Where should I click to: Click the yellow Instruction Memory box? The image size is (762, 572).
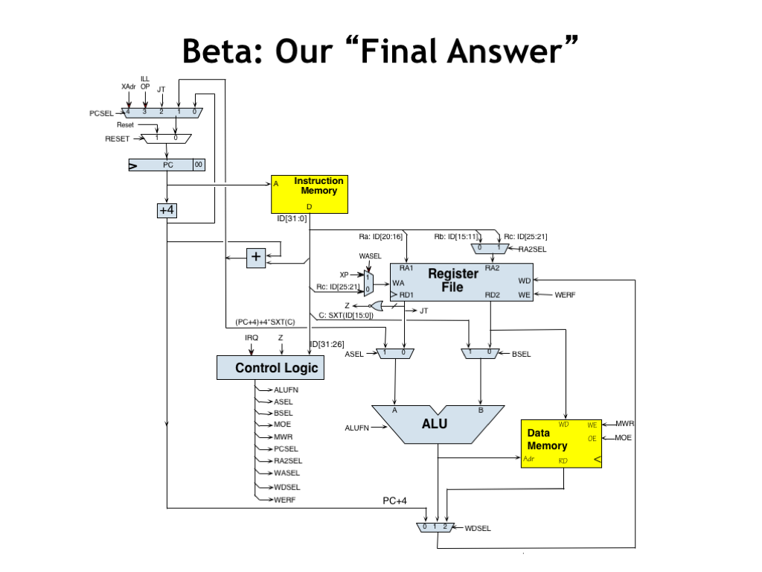[309, 194]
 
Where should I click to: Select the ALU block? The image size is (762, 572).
[438, 425]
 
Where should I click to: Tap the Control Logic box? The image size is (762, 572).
[276, 368]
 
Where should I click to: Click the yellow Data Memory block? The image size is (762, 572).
[560, 443]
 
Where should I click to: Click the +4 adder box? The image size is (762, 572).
[167, 211]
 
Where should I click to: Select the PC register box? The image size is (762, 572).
[167, 165]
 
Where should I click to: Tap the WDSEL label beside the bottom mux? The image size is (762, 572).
[478, 528]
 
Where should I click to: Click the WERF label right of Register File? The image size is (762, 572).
[566, 295]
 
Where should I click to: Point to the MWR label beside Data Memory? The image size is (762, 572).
[624, 424]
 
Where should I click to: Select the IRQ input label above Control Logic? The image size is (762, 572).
[252, 337]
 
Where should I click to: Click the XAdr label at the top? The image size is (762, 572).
[129, 86]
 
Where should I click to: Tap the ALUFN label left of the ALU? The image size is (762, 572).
[357, 428]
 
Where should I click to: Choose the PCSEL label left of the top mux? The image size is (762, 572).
[101, 113]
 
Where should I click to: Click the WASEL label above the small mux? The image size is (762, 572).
[370, 255]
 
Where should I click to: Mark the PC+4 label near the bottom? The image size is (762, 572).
[394, 501]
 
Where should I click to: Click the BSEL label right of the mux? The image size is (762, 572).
[522, 355]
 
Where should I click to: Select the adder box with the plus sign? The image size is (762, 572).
[256, 257]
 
